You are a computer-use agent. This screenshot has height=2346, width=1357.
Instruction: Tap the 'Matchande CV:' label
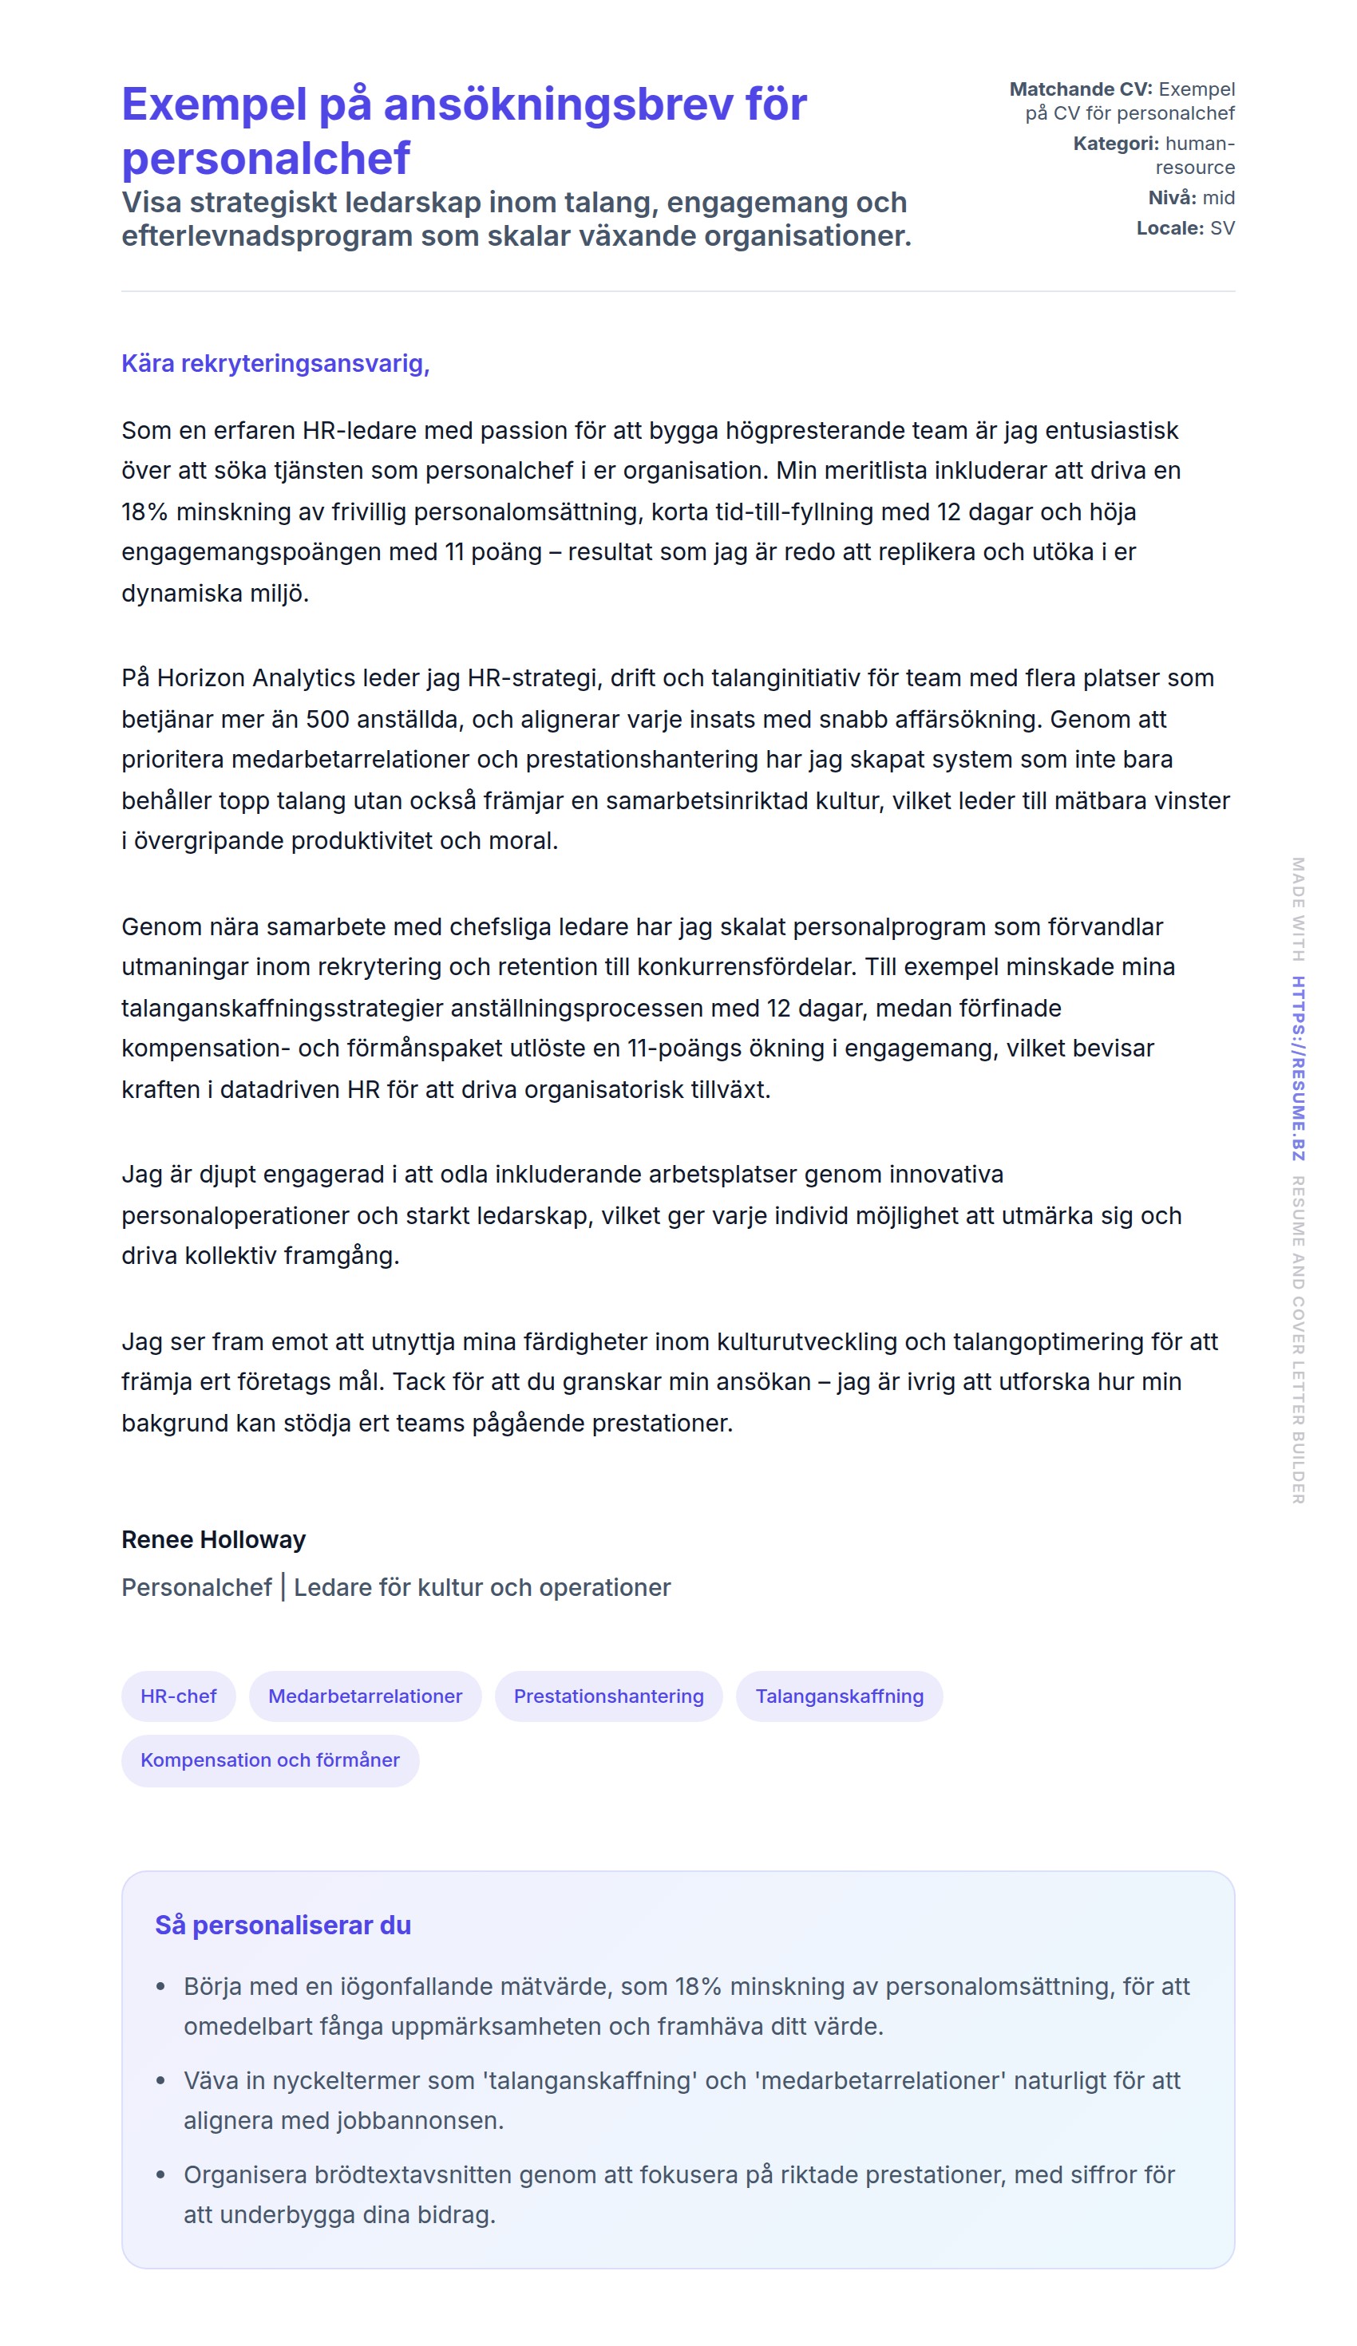(1080, 89)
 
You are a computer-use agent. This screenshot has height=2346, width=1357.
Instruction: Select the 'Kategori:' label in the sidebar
(1116, 144)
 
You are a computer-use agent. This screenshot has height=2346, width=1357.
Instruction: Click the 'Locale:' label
(1169, 228)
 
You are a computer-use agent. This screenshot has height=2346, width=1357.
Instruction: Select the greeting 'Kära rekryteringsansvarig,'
(275, 363)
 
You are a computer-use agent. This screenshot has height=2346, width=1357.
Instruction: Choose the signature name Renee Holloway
(213, 1540)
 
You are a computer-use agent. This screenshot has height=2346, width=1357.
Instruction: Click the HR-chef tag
(179, 1696)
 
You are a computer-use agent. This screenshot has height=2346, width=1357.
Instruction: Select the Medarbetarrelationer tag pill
(365, 1696)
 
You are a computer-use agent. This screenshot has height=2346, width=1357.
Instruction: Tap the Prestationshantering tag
(608, 1696)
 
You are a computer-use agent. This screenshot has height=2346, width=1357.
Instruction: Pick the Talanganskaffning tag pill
(839, 1696)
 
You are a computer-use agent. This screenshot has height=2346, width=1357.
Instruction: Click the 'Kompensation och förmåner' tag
(270, 1760)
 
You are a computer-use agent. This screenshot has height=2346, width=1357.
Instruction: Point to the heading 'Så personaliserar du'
(283, 1925)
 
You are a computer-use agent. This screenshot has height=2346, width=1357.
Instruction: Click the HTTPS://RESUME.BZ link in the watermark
(1297, 1068)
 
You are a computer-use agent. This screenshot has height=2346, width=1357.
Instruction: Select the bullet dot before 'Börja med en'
(161, 1988)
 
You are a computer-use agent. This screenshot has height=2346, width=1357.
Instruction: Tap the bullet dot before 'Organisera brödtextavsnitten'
(161, 2175)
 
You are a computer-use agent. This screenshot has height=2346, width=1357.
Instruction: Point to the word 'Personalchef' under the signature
(196, 1587)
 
